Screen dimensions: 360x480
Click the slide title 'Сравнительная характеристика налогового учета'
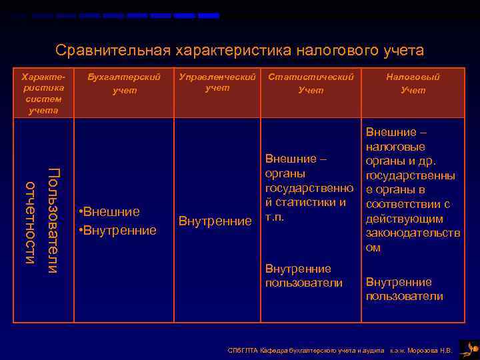239,51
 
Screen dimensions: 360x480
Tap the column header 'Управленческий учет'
217,82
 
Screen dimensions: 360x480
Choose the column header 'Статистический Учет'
311,83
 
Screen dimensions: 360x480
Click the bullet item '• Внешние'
109,212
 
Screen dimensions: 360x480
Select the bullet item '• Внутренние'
117,231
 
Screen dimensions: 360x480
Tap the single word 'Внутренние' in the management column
215,221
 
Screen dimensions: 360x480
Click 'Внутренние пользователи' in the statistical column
303,276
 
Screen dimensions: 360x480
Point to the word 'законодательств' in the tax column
413,233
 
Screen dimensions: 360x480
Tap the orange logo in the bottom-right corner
470,347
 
